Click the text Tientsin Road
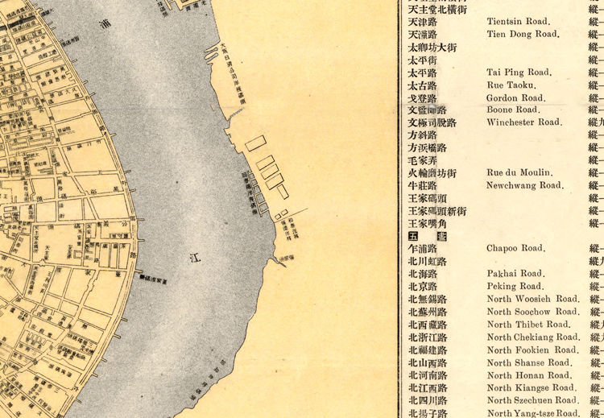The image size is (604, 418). [x=518, y=22]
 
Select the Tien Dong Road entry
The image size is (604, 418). [x=522, y=35]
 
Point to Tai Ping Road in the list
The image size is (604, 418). [x=517, y=72]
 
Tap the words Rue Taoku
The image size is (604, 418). [x=511, y=85]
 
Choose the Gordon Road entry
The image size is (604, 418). [x=515, y=97]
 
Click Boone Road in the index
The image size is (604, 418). [x=514, y=110]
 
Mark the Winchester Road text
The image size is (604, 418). [x=523, y=122]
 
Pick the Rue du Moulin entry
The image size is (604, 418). [x=519, y=172]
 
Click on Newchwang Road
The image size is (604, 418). [x=524, y=185]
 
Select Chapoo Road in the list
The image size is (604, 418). [x=516, y=248]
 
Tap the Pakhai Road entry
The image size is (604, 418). [x=515, y=274]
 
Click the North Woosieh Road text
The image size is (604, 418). [x=532, y=299]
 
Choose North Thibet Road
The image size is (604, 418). [x=527, y=325]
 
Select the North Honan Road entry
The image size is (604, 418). [x=527, y=375]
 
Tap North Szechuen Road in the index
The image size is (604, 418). [x=532, y=400]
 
